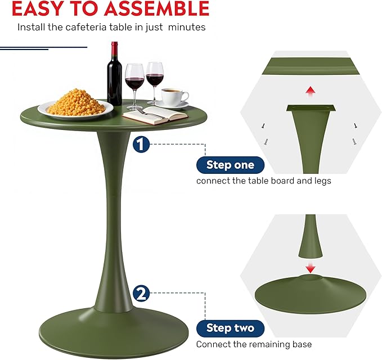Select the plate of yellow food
point(75,105)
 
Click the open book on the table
point(155,115)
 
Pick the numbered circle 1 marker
point(141,145)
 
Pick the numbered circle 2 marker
point(142,293)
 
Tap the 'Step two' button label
point(230,328)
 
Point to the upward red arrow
point(309,91)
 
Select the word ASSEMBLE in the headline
point(154,8)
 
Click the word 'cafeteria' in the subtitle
point(97,27)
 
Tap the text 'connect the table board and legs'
point(263,181)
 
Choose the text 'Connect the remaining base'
point(254,344)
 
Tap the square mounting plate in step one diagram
point(309,108)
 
